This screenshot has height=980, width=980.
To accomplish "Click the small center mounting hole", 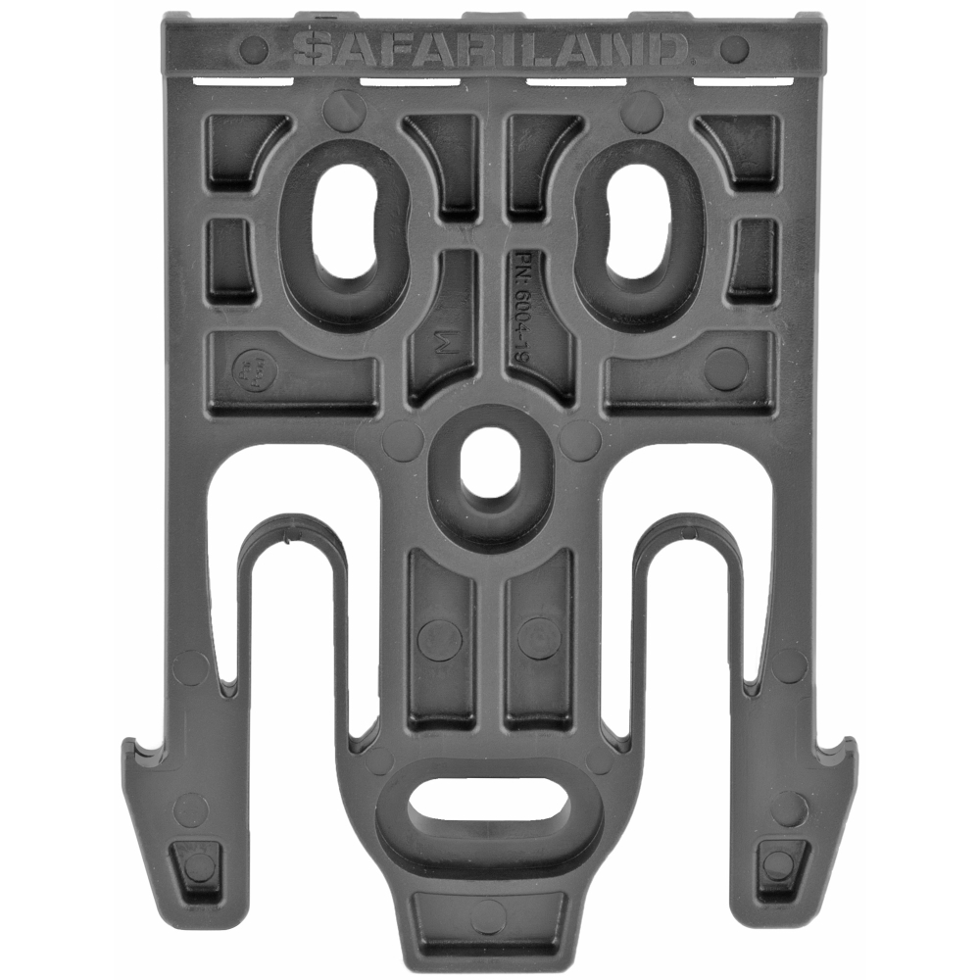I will pyautogui.click(x=490, y=461).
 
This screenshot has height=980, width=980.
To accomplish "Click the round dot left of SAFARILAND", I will pyautogui.click(x=253, y=48).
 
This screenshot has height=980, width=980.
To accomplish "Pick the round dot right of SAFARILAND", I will pyautogui.click(x=733, y=48).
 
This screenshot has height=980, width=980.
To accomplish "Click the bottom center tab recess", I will pyautogui.click(x=490, y=916).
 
